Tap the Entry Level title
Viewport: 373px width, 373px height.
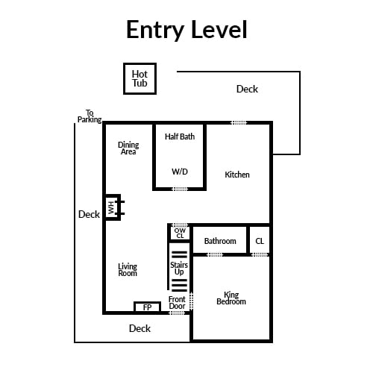coord(186,30)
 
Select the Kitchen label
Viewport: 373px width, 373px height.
coord(237,175)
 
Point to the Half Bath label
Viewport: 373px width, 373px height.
coord(180,137)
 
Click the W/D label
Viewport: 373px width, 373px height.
coord(180,172)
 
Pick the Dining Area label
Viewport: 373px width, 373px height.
coord(128,148)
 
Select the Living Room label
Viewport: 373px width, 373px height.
coord(128,270)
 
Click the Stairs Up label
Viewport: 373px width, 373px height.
coord(179,269)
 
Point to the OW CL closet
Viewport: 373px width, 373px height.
coord(180,233)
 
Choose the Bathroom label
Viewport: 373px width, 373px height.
coord(220,241)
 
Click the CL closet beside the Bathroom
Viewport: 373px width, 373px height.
coord(260,241)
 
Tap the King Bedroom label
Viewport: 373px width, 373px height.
coord(231,298)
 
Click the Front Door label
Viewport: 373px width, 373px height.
coord(177,303)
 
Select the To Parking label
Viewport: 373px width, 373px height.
coord(90,116)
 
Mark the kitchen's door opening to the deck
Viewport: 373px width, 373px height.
coord(239,122)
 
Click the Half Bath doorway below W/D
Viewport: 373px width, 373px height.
coord(180,189)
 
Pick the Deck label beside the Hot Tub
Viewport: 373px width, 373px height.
coord(247,89)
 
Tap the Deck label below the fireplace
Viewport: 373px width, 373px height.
coord(140,328)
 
